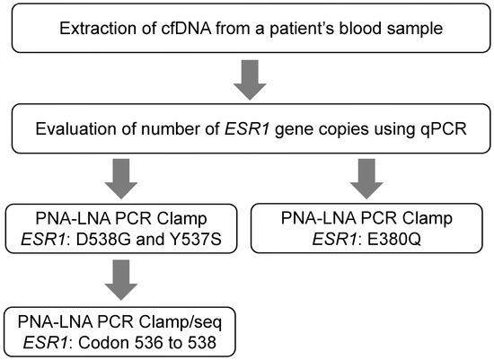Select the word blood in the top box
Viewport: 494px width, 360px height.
coord(345,33)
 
